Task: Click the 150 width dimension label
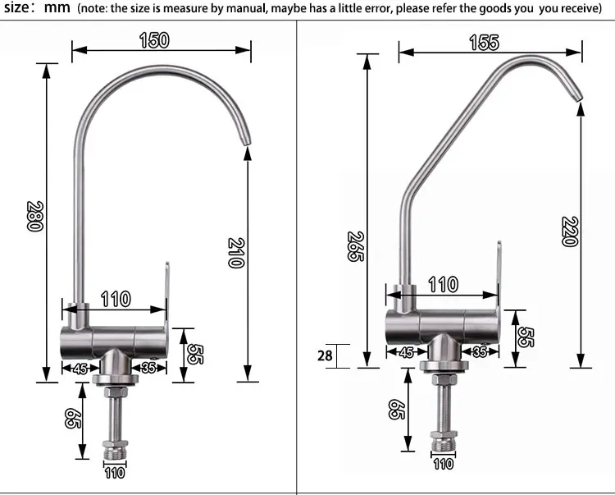[x=154, y=40]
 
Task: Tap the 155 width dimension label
[x=485, y=43]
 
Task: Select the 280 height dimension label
[x=35, y=216]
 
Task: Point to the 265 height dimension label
[x=356, y=246]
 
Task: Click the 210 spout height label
[x=236, y=253]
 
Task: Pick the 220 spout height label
[x=570, y=231]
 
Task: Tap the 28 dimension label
[x=325, y=355]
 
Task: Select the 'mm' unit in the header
[x=57, y=7]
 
